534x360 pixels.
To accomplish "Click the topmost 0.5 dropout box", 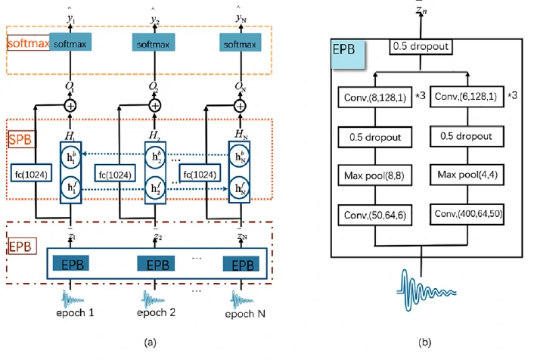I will [421, 48].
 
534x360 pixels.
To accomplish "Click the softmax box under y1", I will [73, 44].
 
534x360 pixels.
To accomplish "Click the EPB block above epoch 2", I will [157, 265].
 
